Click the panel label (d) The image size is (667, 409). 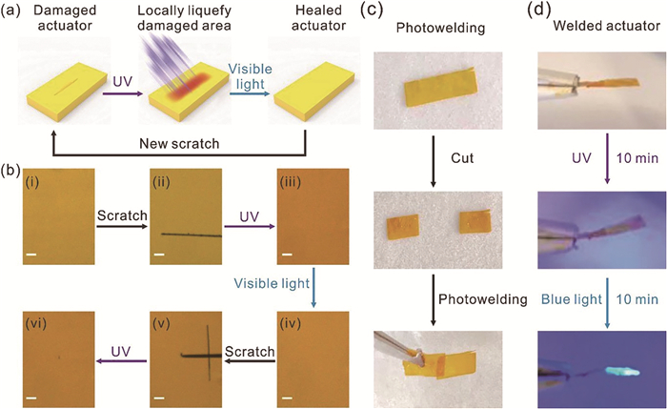538,9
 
